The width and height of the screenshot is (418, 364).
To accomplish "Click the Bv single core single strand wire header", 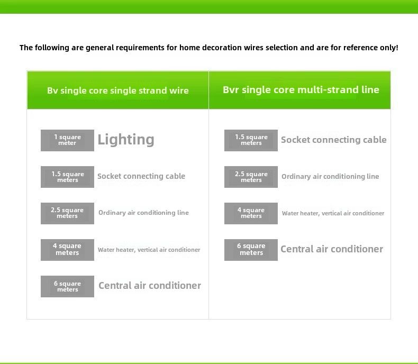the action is (118, 90).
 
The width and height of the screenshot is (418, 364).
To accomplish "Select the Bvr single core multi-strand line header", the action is (301, 90).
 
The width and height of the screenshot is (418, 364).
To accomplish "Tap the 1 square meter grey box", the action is (67, 140).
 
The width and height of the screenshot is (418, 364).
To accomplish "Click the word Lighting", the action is (126, 139).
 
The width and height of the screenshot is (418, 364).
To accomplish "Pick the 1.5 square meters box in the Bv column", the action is (67, 177).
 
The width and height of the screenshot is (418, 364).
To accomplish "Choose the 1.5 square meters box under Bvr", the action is (251, 140).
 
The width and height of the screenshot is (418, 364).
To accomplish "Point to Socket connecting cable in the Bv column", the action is (141, 176).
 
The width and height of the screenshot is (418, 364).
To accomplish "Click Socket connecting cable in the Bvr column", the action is (334, 140).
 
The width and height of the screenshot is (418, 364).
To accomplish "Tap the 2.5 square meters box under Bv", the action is (67, 213).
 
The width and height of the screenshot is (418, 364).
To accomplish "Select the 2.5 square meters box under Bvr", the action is (251, 177).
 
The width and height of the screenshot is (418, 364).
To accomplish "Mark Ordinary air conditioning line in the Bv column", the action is (143, 213).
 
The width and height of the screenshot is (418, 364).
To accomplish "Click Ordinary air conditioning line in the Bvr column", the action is (330, 176).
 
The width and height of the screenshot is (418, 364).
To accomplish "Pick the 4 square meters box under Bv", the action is (67, 250).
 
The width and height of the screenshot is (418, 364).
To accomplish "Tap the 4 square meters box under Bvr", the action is (251, 213).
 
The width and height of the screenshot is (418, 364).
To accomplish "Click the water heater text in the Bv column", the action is (149, 250).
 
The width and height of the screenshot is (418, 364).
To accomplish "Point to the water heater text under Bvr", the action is (333, 213).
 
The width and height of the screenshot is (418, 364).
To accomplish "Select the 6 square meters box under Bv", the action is (67, 286).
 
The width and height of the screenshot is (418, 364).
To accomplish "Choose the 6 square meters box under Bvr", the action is (251, 250).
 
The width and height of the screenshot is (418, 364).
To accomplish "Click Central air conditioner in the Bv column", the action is (150, 285).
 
